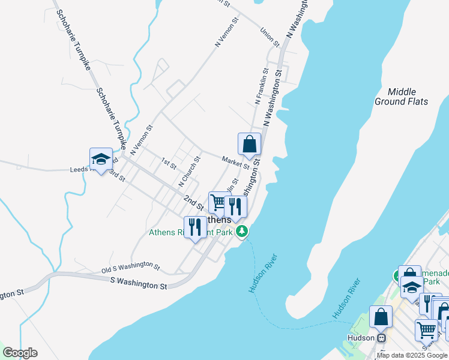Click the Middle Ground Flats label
pyautogui.click(x=402, y=97)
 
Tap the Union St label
pyautogui.click(x=270, y=37)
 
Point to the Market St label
pyautogui.click(x=235, y=162)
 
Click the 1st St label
pyautogui.click(x=168, y=162)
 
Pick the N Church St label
pyautogui.click(x=189, y=171)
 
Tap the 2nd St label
pyautogui.click(x=193, y=202)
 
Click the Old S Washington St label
pyautogui.click(x=130, y=266)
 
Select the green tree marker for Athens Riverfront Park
pyautogui.click(x=242, y=231)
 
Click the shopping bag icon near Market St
pyautogui.click(x=249, y=145)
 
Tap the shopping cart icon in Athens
pyautogui.click(x=218, y=203)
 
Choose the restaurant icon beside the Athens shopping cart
pyautogui.click(x=235, y=207)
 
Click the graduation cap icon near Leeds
pyautogui.click(x=101, y=159)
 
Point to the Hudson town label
pyautogui.click(x=360, y=338)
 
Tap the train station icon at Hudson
pyautogui.click(x=380, y=338)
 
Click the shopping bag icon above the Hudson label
pyautogui.click(x=381, y=317)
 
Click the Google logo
pyautogui.click(x=20, y=353)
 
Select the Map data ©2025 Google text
pyautogui.click(x=412, y=355)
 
